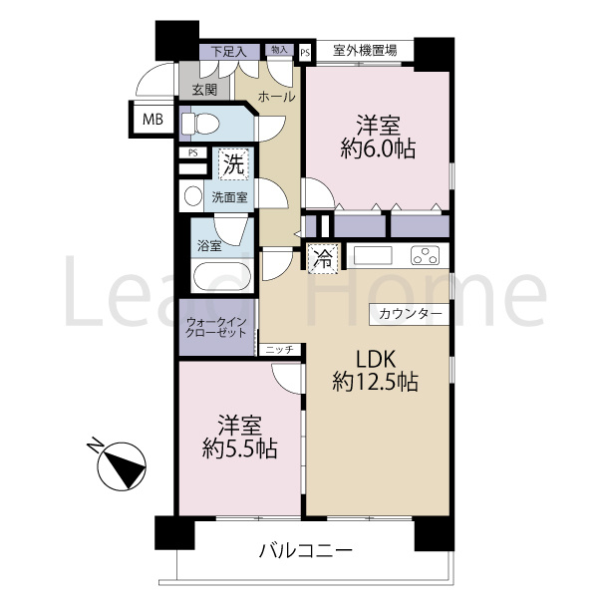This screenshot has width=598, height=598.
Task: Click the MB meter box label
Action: coord(152,120)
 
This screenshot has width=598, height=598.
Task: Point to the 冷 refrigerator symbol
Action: coord(323,256)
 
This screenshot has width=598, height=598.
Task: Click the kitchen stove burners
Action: coord(426,256)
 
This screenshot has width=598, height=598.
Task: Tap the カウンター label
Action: coord(411,314)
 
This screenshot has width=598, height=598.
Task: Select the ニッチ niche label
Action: coord(279,350)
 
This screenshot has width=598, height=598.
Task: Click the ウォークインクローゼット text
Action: coord(216,328)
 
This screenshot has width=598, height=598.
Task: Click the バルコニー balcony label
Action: coord(305,549)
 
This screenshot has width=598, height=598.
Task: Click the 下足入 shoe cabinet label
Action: coord(227,50)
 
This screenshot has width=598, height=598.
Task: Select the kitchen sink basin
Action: coord(375,255)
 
